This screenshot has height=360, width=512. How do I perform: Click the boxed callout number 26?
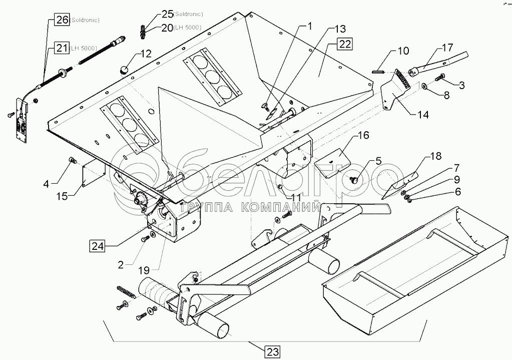pos(62,21)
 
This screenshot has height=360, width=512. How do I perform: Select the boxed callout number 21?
pos(62,48)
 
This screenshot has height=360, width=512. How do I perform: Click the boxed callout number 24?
pos(99,245)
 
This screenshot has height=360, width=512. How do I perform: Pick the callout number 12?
pos(145,53)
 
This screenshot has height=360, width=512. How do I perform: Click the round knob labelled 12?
pos(123,69)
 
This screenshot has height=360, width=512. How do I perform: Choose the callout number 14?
pos(422,114)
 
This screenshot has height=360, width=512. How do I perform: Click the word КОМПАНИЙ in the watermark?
pos(287,207)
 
